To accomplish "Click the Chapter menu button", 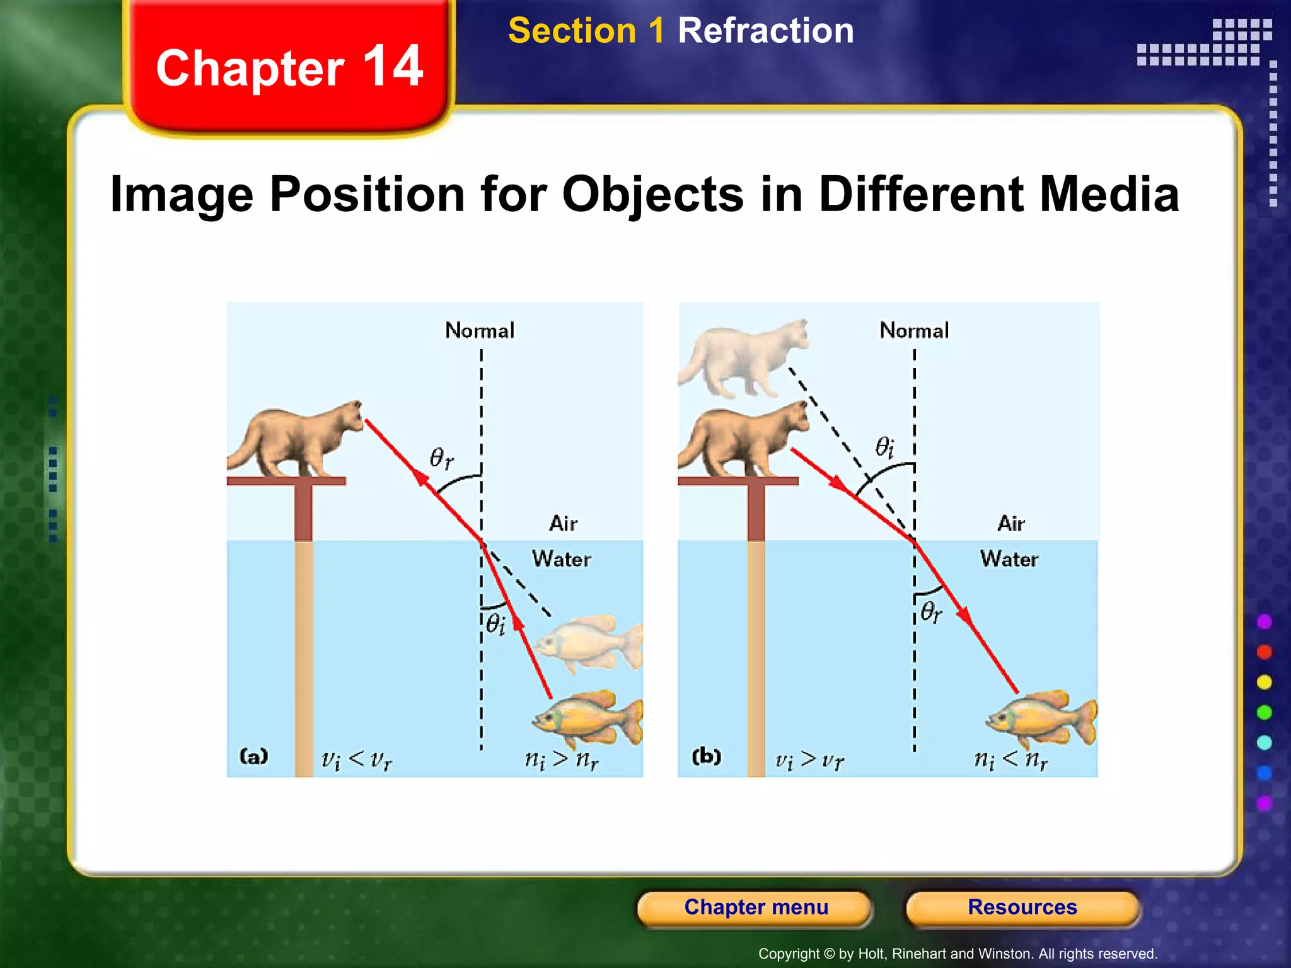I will [755, 907].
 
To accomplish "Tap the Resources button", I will [1022, 907].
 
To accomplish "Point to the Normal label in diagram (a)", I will [480, 330].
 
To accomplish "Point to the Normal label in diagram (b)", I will [914, 330].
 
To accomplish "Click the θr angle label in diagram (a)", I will [441, 458].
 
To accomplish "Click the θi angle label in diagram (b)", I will [884, 447].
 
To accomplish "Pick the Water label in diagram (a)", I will [561, 559].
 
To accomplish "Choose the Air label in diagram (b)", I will [1010, 523].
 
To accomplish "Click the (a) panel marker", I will [254, 756].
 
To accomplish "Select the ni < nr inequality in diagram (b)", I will [1010, 759].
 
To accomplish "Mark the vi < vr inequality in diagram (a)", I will [356, 760].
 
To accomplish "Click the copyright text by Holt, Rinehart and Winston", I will [958, 954].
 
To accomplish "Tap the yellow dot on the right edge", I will [1264, 682].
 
